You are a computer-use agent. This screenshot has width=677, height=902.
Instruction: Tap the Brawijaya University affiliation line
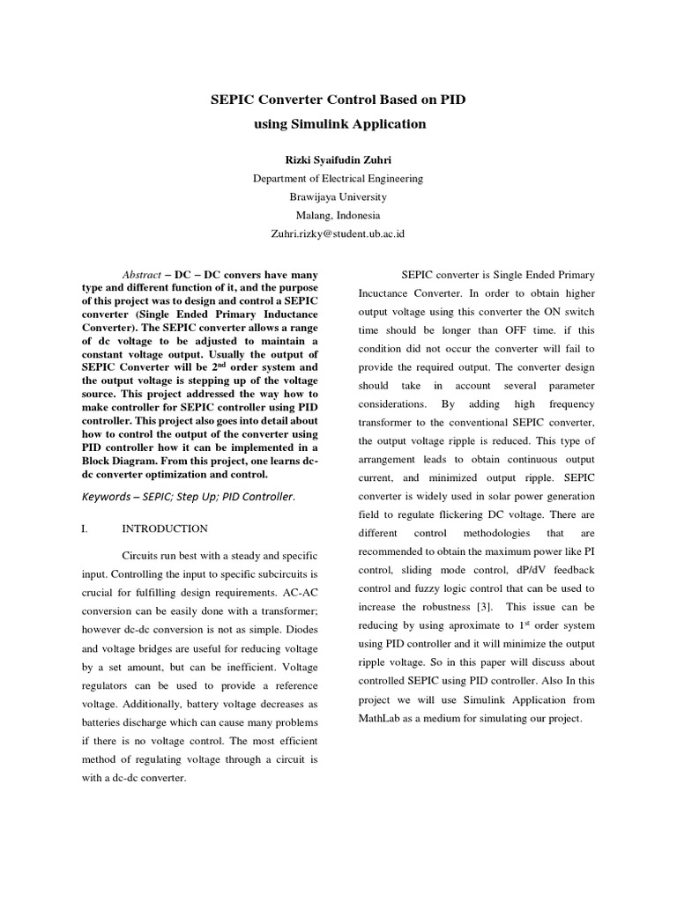point(338,196)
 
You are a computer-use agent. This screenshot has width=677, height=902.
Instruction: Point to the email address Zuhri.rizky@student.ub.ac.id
point(338,233)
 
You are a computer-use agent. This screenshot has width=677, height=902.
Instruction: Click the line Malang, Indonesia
point(338,215)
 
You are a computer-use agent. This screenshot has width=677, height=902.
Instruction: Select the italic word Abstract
point(140,275)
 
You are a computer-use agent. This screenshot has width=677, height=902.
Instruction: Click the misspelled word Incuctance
point(386,293)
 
